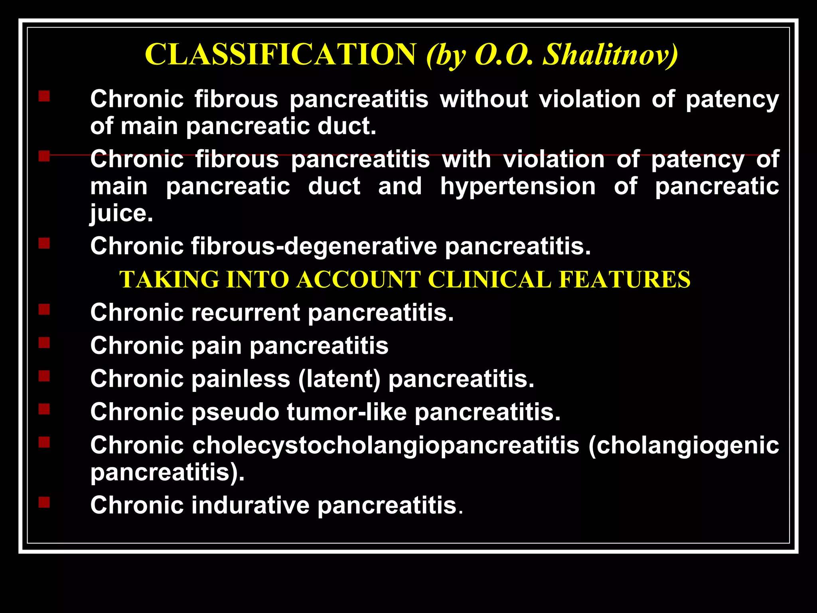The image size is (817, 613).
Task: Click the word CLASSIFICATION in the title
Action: (x=280, y=55)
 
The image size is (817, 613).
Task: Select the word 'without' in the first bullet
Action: (x=483, y=99)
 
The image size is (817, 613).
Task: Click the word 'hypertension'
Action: (x=517, y=186)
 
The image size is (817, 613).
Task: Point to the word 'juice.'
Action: (x=121, y=214)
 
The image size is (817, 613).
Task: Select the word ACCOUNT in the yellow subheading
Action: (x=358, y=279)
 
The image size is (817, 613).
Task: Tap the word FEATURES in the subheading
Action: (x=624, y=279)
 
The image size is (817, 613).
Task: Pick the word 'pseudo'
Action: (x=235, y=412)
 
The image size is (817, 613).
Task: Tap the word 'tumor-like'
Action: (x=346, y=412)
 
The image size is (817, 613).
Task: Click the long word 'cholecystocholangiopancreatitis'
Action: (x=385, y=445)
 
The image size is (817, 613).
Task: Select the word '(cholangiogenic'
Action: (x=683, y=445)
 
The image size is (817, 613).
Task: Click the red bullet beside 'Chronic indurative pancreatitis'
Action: (x=44, y=502)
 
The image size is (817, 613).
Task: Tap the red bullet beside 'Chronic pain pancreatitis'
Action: (x=44, y=343)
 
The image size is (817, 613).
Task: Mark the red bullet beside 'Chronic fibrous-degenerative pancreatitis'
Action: (x=44, y=243)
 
